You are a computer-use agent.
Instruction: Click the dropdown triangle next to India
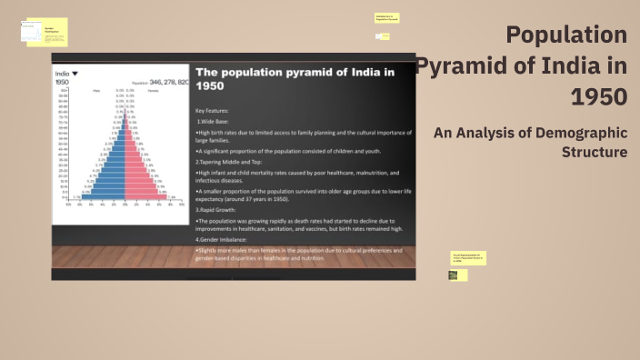point(75,73)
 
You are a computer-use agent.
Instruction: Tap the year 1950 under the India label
point(63,82)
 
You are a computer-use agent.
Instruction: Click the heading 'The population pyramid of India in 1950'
point(295,78)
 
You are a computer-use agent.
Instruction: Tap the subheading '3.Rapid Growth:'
point(222,210)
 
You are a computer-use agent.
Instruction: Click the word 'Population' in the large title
point(566,35)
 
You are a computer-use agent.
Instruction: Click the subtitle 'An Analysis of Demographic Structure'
point(530,142)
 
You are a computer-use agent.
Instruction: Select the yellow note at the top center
point(386,17)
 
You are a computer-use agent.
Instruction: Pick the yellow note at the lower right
point(468,257)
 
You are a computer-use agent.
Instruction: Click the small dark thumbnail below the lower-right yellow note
point(454,275)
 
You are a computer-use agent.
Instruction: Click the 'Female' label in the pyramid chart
point(153,91)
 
